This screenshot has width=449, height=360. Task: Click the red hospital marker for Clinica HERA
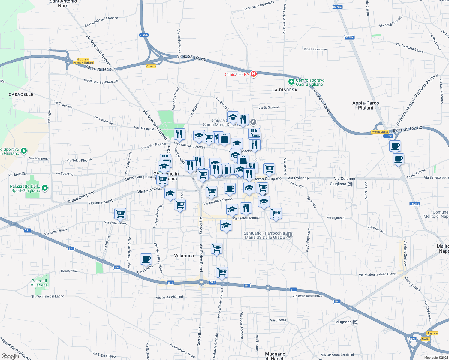click(254, 74)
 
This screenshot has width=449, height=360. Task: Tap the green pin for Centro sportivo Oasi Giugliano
click(291, 82)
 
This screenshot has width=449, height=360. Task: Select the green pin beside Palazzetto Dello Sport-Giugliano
click(45, 188)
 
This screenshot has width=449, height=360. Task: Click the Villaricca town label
click(184, 256)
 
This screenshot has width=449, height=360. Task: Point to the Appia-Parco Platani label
click(366, 105)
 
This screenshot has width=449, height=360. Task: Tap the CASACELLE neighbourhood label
click(21, 94)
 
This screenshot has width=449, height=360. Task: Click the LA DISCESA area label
click(285, 90)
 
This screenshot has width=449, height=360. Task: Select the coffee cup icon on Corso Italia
click(146, 259)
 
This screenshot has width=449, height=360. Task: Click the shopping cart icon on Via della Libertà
click(120, 214)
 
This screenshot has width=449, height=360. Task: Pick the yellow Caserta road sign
click(151, 66)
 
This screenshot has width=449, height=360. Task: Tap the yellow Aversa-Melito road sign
click(380, 132)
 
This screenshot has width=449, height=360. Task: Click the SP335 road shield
click(144, 35)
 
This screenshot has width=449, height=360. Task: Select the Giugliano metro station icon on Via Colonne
click(350, 184)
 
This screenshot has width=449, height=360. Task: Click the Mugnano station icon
click(355, 322)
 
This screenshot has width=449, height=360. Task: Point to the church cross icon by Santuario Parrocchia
click(289, 235)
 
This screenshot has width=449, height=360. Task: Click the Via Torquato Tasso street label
click(409, 48)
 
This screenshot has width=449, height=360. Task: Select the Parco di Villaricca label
click(39, 283)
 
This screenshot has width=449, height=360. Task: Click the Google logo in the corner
click(10, 356)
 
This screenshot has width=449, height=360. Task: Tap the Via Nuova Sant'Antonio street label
click(101, 81)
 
